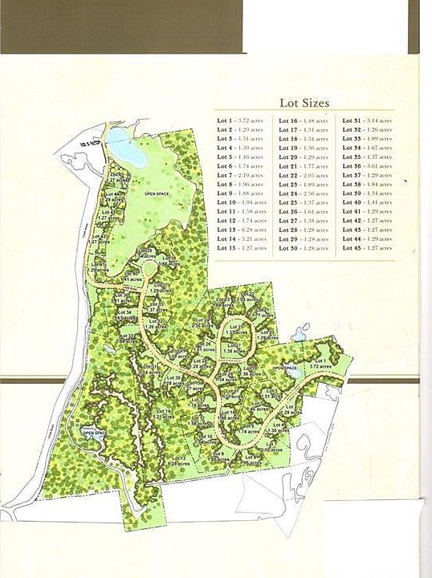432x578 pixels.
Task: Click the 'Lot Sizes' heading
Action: [x=304, y=103]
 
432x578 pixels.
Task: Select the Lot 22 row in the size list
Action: [x=304, y=175]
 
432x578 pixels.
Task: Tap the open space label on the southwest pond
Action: [x=94, y=433]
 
